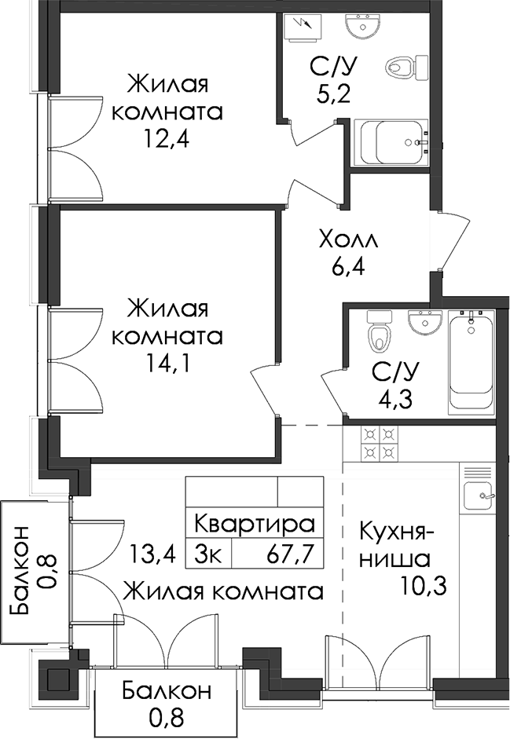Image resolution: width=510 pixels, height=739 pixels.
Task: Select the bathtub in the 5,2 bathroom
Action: click(391, 142)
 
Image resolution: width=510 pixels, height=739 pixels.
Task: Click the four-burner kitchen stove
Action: click(380, 443)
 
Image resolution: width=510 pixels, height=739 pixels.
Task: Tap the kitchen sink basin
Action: click(479, 496)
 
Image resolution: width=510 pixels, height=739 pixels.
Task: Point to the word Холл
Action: click(348, 240)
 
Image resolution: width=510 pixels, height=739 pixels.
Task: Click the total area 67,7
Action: click(291, 554)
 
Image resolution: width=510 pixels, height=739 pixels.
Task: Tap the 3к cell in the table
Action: click(208, 554)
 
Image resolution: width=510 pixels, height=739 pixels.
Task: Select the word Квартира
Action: click(255, 524)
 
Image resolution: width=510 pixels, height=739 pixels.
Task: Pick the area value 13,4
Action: click(152, 554)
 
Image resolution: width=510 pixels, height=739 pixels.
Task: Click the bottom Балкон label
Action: click(166, 691)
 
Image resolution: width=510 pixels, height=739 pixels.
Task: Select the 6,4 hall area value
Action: click(348, 269)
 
